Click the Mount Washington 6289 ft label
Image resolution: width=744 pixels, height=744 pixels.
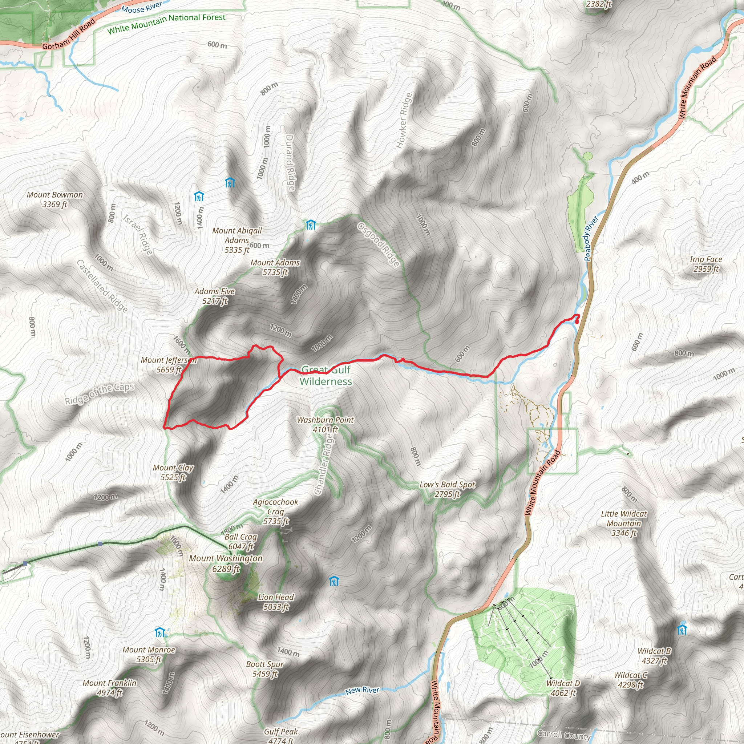226,563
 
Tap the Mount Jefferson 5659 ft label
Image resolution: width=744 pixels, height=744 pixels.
169,365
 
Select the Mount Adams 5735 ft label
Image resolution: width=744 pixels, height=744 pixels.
275,267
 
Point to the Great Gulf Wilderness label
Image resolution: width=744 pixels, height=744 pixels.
326,376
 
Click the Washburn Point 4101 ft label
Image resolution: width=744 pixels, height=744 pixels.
325,424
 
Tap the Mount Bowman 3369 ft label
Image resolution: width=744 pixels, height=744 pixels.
55,199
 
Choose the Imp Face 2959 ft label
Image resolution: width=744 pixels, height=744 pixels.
705,264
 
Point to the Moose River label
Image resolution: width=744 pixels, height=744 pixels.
141,7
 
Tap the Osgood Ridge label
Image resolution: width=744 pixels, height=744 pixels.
378,244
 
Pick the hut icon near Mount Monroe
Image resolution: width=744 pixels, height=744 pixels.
159,632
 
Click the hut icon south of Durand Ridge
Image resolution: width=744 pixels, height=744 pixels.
311,225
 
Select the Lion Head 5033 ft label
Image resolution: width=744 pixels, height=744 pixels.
276,602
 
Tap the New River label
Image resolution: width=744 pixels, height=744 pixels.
362,691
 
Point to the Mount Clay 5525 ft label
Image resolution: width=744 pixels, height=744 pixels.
173,473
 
